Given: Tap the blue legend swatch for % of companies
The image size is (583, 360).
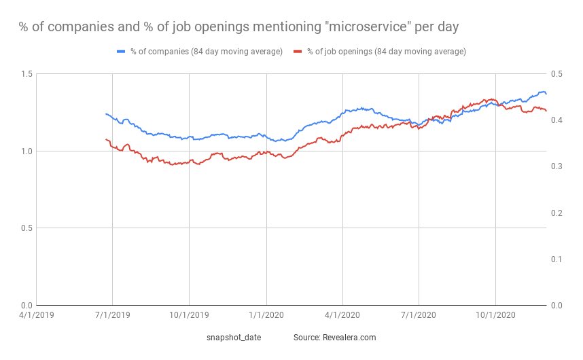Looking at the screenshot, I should point(122,52).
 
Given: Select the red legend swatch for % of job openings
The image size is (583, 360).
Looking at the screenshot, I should point(297,52).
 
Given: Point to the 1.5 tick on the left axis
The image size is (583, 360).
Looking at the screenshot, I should point(24,73).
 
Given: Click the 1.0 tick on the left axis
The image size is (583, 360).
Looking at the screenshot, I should point(24,151).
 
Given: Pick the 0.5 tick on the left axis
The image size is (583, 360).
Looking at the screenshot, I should point(24,228).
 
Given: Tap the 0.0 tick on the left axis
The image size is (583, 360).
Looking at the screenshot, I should point(24,305).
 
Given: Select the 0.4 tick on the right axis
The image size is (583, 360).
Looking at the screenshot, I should point(557,120).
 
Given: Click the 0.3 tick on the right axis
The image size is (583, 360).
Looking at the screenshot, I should point(557,166).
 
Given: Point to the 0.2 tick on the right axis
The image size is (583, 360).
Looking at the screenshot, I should point(557,213).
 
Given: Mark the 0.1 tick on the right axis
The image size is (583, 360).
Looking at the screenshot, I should point(557,259).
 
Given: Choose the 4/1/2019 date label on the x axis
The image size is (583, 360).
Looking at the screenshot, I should point(36,316).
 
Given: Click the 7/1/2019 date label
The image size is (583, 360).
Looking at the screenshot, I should point(113,316).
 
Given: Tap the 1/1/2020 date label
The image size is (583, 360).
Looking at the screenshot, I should point(266,316).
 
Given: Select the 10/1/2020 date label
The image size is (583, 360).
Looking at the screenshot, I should point(495,316).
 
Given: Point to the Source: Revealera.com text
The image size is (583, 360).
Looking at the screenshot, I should point(335,337).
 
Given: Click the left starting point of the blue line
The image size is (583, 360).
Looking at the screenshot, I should point(106,114).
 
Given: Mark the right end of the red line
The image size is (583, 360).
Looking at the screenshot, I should point(546,111).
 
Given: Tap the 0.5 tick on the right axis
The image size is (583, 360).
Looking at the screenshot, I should point(557,73).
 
